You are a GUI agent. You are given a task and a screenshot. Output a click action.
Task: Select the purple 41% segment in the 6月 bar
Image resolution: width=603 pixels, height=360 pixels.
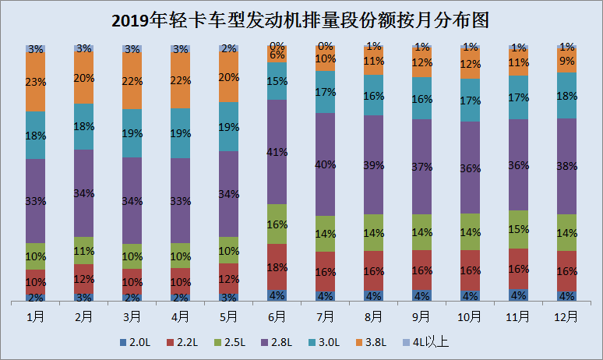point(277,152)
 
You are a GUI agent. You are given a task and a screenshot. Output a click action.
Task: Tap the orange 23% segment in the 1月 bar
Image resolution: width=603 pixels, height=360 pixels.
point(36,82)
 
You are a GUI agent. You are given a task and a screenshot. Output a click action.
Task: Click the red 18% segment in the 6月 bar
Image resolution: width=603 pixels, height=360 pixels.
point(277,266)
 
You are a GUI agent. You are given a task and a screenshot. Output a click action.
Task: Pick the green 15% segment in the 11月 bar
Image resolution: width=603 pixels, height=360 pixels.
point(519,229)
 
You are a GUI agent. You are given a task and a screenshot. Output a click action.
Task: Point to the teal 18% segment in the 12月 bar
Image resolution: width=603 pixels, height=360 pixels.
point(567,96)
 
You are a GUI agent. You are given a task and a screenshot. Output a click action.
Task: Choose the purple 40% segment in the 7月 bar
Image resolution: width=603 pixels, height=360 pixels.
point(326,164)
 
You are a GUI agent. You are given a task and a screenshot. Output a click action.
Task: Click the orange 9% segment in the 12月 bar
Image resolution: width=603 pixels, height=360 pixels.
point(567,59)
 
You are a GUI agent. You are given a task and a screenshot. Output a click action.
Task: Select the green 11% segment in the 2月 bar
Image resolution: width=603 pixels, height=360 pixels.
point(84,250)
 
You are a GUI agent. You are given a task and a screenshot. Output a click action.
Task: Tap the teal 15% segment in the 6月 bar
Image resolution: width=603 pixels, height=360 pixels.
point(277,81)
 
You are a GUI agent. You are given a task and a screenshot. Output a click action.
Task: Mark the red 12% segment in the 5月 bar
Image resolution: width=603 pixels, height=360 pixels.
point(229,278)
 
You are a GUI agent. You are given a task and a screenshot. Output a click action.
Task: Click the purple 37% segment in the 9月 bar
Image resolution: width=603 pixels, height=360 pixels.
point(422,167)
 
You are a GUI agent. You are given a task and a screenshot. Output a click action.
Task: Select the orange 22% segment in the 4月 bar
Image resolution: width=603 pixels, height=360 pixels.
point(181,80)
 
